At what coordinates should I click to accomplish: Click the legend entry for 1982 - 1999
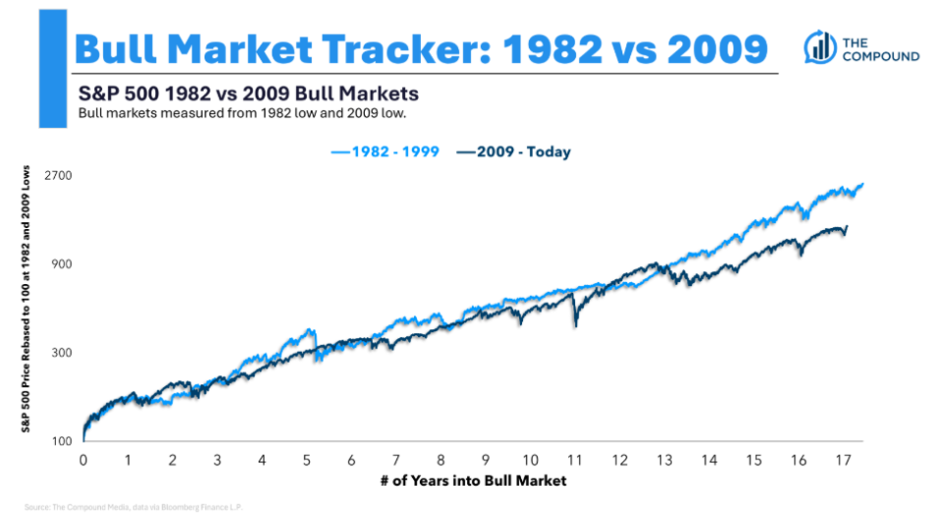(384, 152)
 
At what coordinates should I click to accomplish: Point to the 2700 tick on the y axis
(55, 175)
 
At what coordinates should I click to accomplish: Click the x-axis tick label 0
(84, 460)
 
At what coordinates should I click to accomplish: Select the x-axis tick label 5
(307, 460)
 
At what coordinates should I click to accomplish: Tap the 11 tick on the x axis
(574, 460)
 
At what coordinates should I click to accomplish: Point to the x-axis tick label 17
(842, 460)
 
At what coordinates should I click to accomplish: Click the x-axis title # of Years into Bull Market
(472, 481)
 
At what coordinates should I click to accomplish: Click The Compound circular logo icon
(820, 46)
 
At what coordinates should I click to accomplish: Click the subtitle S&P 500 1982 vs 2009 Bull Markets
(249, 94)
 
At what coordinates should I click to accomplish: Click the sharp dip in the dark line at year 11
(576, 323)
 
